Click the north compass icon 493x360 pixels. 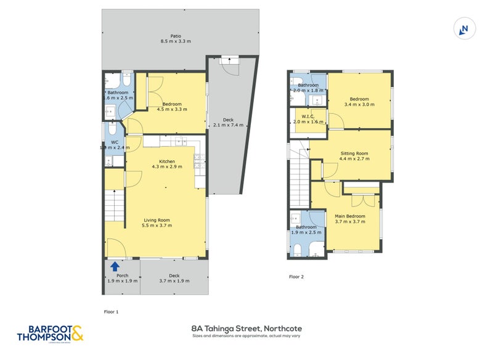(x=464, y=28)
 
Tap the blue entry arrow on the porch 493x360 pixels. (x=115, y=266)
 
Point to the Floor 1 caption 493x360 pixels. (x=111, y=312)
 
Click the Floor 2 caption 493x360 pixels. (x=296, y=277)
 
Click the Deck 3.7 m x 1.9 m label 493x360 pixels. (x=174, y=279)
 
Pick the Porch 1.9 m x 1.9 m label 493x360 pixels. (x=122, y=279)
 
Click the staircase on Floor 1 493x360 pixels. (x=115, y=205)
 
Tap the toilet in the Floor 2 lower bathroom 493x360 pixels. (x=298, y=248)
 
